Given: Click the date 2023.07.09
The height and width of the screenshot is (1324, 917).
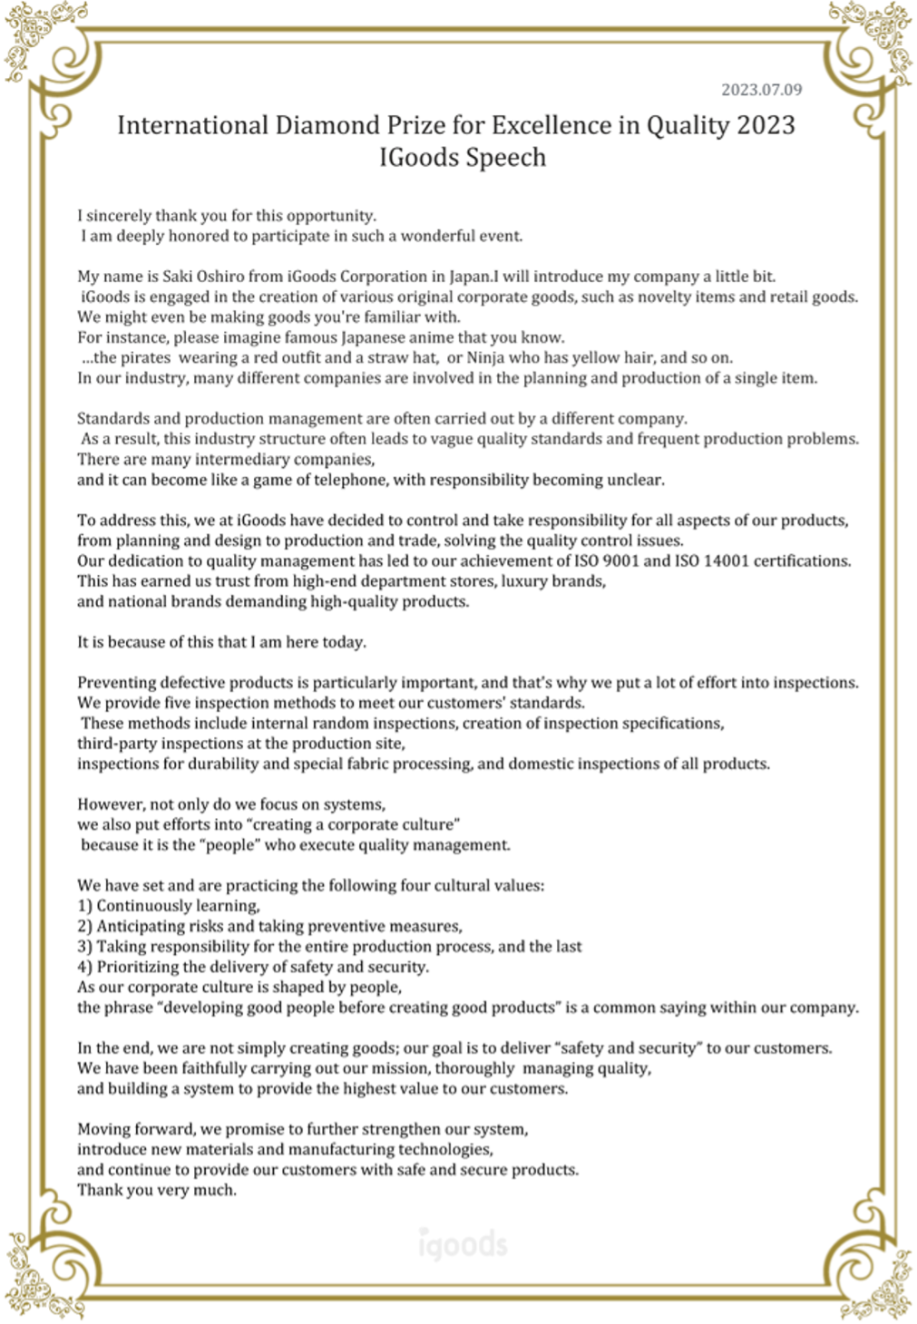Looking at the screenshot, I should (x=761, y=90).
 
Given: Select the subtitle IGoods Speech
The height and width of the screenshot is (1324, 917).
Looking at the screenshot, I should (x=463, y=158).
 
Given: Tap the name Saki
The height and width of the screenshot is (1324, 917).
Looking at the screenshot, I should (x=178, y=277).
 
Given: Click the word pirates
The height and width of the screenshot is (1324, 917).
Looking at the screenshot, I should (x=145, y=357).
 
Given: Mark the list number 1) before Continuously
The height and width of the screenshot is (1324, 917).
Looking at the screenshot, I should (x=85, y=906).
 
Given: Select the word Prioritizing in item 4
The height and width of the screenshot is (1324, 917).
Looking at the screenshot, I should (x=139, y=967).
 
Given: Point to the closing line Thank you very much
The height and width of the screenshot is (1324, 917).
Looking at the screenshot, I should (x=157, y=1190).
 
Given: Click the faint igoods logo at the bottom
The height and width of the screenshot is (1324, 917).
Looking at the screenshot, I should (x=463, y=1244).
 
